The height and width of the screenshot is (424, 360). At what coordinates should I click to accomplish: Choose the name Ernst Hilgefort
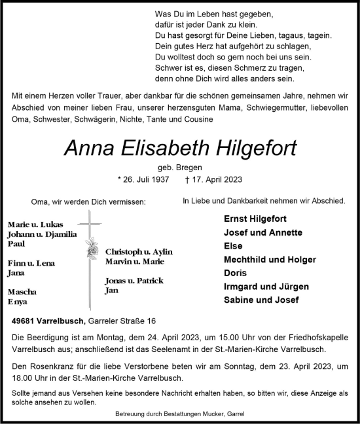pyautogui.click(x=253, y=219)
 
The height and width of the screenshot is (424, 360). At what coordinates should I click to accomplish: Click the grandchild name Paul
pyautogui.click(x=16, y=244)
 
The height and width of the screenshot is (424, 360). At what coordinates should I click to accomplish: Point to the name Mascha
pyautogui.click(x=22, y=292)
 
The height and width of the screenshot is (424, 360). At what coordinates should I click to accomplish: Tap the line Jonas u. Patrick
pyautogui.click(x=134, y=281)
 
